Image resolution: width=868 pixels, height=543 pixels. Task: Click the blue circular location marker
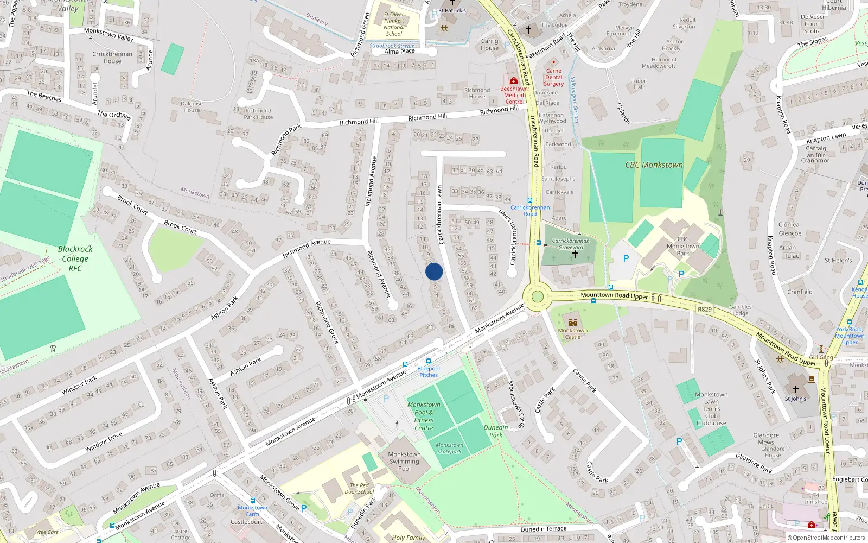tap(434, 271)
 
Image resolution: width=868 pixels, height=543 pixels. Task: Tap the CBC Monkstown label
tap(654, 165)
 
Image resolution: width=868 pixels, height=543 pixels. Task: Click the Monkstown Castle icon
tap(572, 322)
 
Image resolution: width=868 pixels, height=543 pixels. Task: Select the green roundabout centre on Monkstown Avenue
tap(537, 296)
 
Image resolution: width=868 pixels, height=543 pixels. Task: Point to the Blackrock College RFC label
tap(75, 258)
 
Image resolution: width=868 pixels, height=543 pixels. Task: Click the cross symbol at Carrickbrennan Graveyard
tap(575, 254)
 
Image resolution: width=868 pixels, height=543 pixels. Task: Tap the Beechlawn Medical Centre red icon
tap(513, 80)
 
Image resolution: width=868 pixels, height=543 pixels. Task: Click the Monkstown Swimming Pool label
tap(404, 462)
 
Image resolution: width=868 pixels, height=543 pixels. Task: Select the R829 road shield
tap(704, 309)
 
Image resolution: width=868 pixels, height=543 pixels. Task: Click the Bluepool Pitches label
tap(429, 371)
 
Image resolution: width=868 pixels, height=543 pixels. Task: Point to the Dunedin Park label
tap(496, 431)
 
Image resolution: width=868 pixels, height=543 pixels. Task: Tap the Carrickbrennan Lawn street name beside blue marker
tap(440, 214)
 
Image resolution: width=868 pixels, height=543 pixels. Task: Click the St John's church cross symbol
tap(795, 389)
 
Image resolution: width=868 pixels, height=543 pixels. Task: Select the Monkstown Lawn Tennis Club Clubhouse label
tap(711, 408)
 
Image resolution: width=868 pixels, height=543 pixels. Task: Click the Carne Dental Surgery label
tap(553, 77)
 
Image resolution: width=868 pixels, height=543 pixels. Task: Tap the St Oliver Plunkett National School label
tap(394, 24)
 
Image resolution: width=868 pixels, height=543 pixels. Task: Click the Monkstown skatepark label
tap(449, 448)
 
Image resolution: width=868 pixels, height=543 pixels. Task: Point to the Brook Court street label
tap(180, 226)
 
